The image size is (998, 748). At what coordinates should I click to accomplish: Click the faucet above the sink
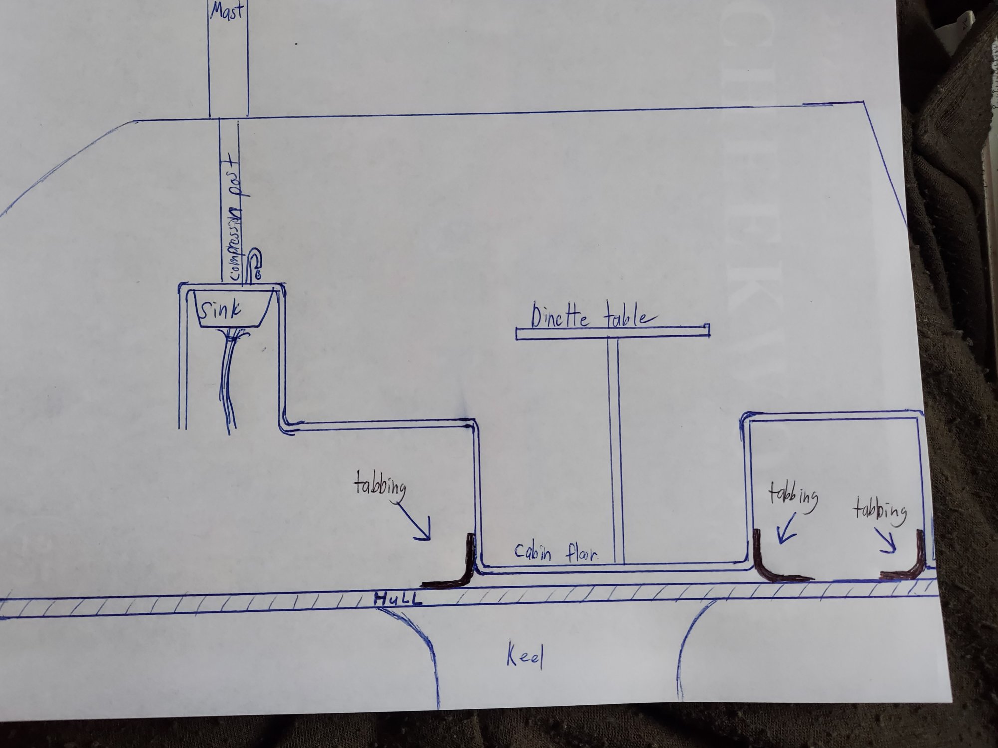tap(254, 267)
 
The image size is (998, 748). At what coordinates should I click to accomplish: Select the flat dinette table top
tap(613, 333)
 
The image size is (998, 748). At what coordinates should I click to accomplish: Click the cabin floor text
tap(555, 552)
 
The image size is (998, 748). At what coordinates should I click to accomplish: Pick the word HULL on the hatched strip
tap(398, 599)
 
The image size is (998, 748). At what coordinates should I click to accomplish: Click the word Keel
tap(524, 658)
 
